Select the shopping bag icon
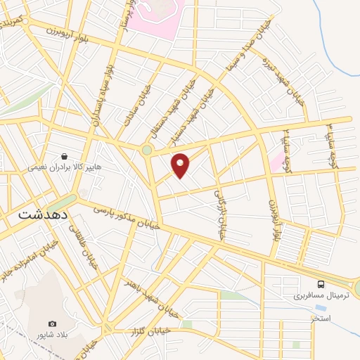pos(65,157)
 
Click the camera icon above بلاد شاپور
pos(51,323)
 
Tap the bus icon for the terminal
pos(321,284)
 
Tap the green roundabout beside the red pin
pos(146,150)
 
